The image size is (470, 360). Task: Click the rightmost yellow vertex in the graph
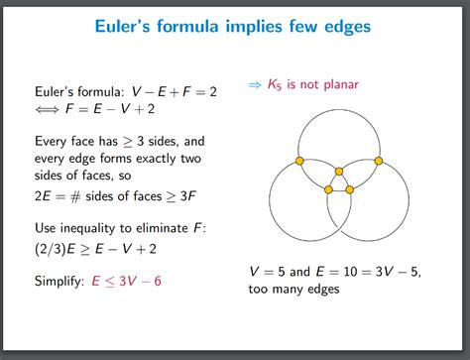point(384,160)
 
